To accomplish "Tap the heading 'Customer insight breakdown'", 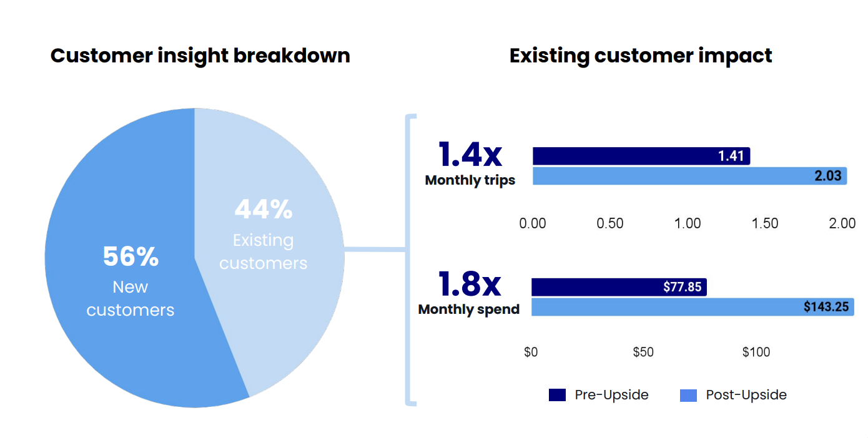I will coord(200,56).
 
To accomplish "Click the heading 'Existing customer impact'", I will coord(641,56).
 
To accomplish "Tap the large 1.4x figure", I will coord(470,154).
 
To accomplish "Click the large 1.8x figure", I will coord(470,284).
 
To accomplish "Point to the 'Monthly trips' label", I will coord(470,180).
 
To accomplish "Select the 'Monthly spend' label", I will coord(469,309).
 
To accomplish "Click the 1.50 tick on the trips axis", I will coord(765,223).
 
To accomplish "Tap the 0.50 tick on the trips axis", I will coord(610,223).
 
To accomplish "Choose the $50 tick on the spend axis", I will coord(643,352).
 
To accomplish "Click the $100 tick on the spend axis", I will coord(756,352).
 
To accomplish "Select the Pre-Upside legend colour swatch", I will coord(557,395).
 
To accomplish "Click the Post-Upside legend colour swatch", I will coord(688,395).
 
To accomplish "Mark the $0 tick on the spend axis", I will coord(531,352).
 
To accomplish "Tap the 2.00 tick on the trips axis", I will coord(842,223).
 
